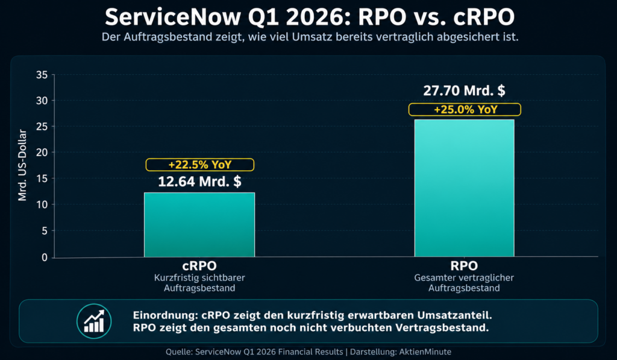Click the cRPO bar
coord(199,224)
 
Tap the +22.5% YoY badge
coord(199,165)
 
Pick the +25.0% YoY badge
coord(464,110)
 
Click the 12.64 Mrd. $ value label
coord(199,182)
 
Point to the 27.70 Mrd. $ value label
coord(464,91)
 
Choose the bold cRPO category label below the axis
coord(199,266)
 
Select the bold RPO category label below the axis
coord(464,266)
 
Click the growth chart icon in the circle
coord(94,320)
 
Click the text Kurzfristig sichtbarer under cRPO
coord(199,278)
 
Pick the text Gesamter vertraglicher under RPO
coord(464,278)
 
